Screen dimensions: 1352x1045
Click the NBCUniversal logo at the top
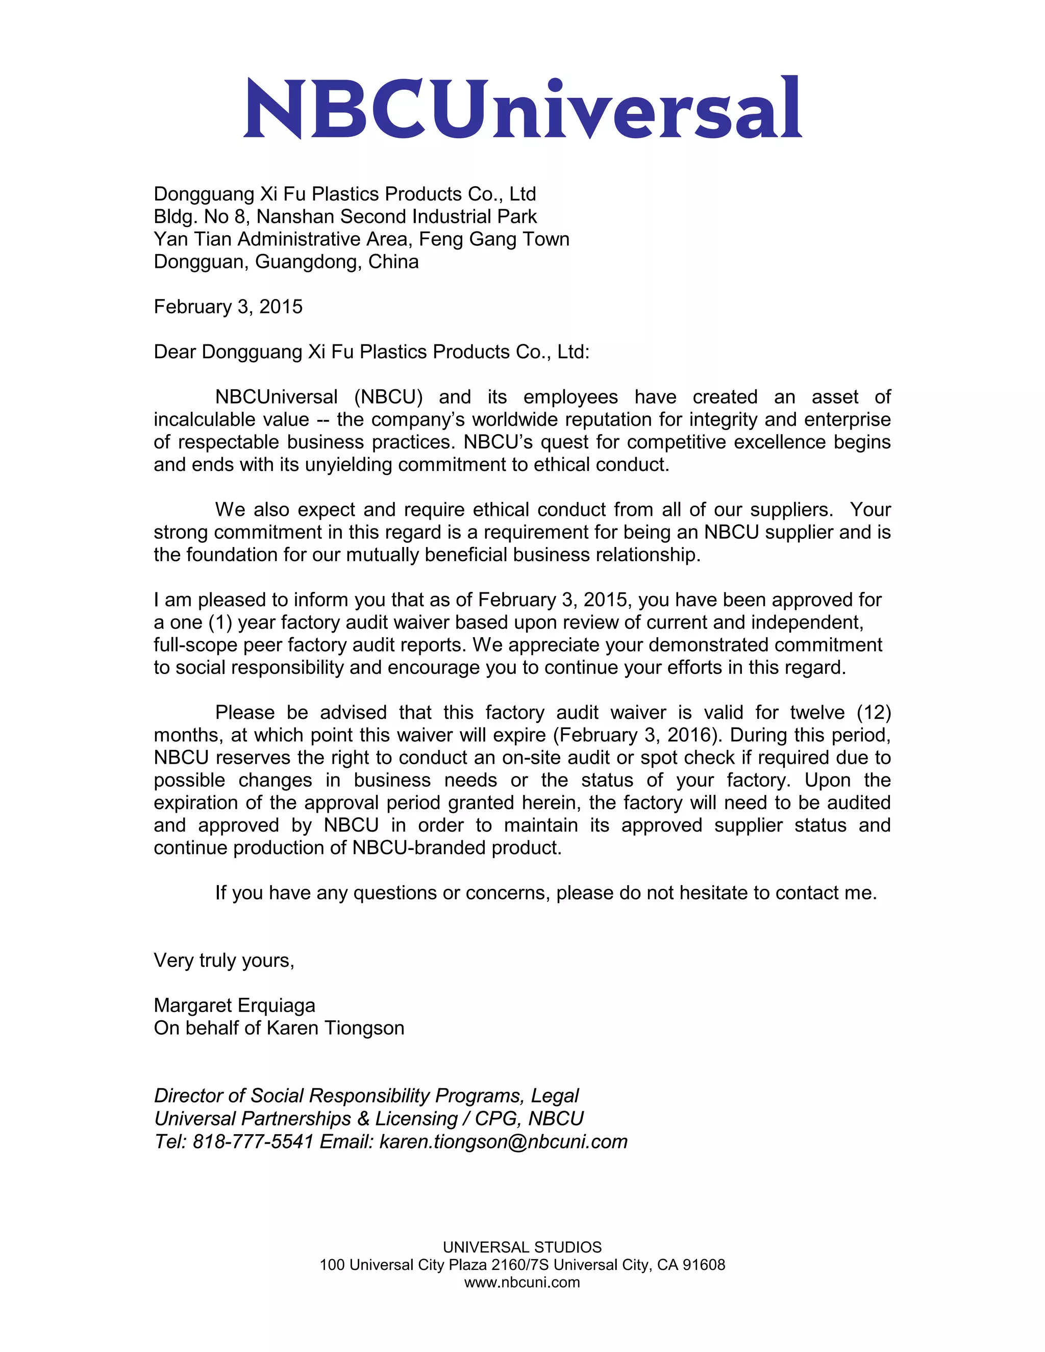522,108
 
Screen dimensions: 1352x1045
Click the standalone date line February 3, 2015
228,307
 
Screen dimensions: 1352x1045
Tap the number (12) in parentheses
874,713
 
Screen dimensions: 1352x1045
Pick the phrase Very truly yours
223,960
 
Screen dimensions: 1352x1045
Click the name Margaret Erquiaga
234,1006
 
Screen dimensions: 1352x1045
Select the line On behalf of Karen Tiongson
279,1028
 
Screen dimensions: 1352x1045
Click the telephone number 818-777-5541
253,1141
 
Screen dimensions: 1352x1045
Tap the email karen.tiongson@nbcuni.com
503,1141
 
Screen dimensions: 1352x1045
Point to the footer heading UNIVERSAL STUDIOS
522,1247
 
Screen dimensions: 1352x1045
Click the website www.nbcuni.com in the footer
522,1282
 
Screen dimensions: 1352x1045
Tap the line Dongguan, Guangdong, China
286,262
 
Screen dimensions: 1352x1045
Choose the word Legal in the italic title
554,1096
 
